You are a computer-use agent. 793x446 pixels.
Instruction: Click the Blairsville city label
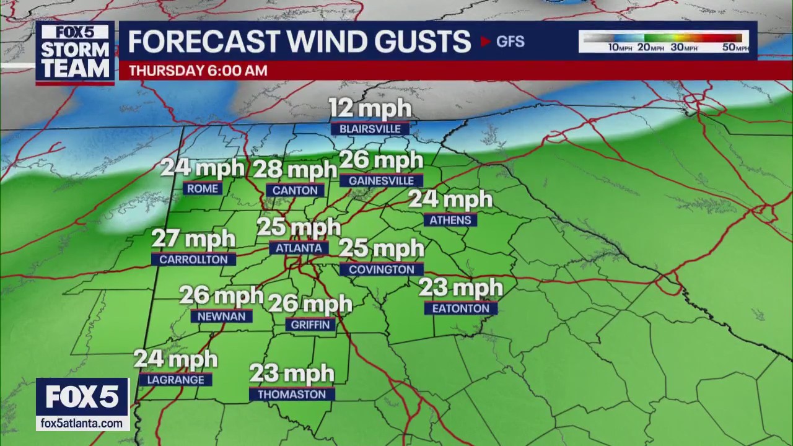tap(370, 129)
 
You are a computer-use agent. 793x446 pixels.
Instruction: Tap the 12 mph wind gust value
tap(370, 109)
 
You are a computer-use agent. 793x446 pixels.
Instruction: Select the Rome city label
tap(202, 188)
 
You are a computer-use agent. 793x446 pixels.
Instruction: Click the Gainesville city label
tap(381, 180)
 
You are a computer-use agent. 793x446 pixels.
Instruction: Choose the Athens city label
tap(450, 220)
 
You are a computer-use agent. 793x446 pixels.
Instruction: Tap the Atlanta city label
tap(299, 248)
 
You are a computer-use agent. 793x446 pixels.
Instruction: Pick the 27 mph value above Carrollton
tap(194, 239)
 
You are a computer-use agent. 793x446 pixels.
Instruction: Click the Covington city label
tap(381, 269)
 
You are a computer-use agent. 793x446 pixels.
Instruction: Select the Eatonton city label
tap(460, 308)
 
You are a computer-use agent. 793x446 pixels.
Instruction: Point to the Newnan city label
tap(221, 316)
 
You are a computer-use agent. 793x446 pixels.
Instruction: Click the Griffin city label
tap(310, 324)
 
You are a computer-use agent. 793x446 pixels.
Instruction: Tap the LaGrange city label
tap(175, 380)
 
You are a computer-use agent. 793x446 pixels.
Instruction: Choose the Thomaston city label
tap(292, 394)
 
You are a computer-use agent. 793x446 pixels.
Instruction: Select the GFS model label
tap(510, 42)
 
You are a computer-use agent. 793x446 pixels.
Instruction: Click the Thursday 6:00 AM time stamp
tap(198, 71)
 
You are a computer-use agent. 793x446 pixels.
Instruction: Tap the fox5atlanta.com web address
tap(82, 423)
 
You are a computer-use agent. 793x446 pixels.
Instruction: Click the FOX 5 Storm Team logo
tap(75, 53)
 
